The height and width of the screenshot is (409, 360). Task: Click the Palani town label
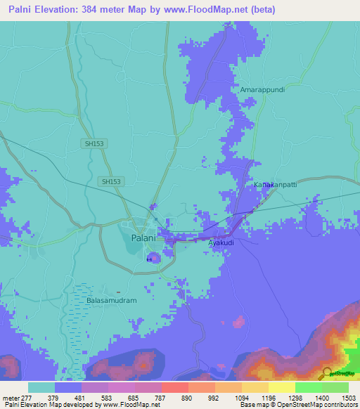[x=144, y=238]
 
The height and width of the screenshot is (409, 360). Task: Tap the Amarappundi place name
[x=261, y=91]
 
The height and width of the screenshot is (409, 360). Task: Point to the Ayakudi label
[x=221, y=242]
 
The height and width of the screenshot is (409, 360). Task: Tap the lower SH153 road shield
[x=110, y=181]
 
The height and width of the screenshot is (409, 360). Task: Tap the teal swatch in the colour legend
[x=41, y=387]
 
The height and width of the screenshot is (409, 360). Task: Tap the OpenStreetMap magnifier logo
[x=327, y=373]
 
